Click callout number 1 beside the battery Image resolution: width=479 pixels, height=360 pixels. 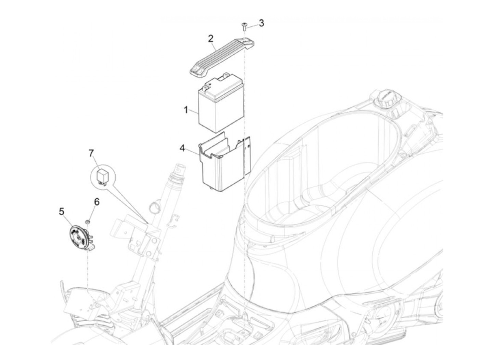[x=186, y=111]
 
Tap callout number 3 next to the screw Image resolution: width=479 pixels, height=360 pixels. [x=261, y=23]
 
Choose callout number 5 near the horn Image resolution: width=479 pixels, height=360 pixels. [x=62, y=211]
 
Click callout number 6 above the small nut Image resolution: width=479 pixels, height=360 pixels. [x=97, y=202]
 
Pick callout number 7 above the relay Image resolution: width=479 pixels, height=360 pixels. [x=91, y=153]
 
